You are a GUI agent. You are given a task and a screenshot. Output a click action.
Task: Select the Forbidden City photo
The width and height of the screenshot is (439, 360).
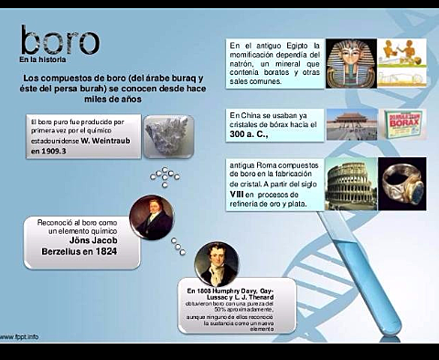coord(351,125)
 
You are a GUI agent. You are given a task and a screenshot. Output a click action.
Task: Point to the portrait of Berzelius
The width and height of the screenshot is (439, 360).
coord(152,217)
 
